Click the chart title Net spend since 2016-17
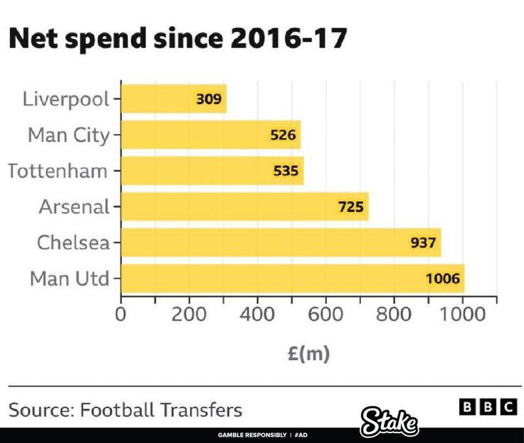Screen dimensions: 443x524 [176, 40]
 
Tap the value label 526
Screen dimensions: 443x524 [284, 135]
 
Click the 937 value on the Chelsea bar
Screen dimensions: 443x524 [423, 243]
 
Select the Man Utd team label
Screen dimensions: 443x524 [68, 279]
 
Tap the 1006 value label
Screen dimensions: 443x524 [443, 279]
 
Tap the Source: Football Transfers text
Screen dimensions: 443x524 [125, 410]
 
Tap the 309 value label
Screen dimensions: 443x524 [210, 99]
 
